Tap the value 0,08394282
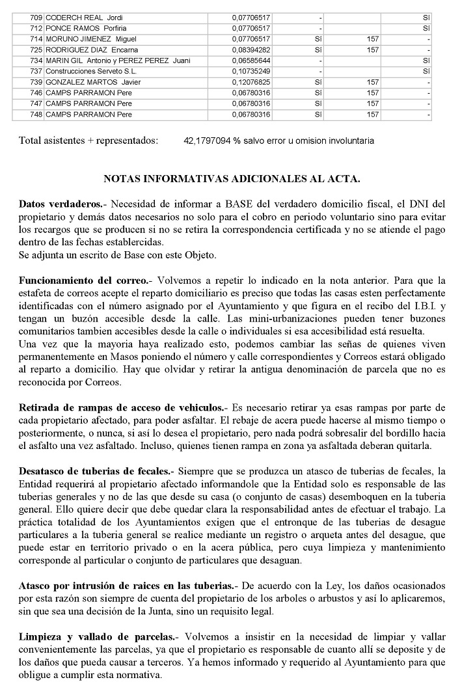click(x=251, y=49)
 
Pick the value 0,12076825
click(x=251, y=82)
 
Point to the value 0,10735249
click(x=251, y=71)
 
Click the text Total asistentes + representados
click(x=88, y=141)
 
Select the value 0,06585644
click(x=251, y=61)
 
